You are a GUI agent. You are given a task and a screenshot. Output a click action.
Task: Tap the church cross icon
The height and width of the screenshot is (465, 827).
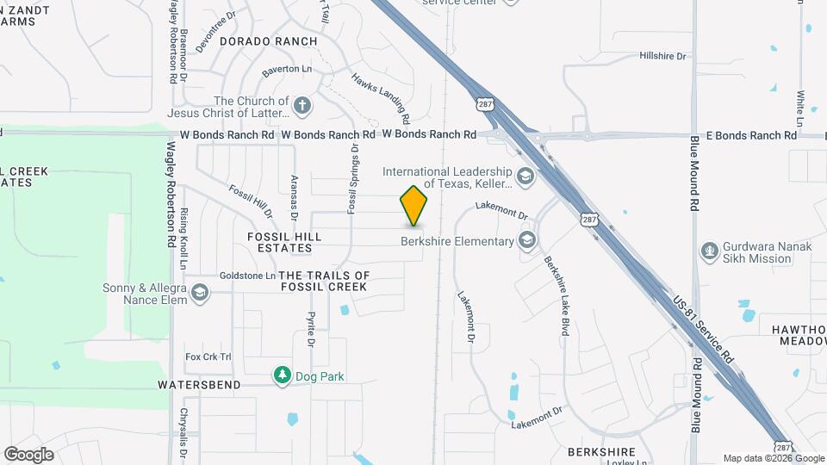[x=302, y=107]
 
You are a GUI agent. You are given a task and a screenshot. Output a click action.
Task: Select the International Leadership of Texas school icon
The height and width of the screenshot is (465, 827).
[x=525, y=177]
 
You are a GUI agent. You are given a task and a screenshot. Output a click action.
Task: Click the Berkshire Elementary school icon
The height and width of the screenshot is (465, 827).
[x=527, y=241]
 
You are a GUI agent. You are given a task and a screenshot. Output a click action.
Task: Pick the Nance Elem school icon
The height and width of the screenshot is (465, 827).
[x=200, y=294]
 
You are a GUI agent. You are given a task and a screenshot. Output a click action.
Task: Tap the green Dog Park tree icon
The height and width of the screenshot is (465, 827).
[x=282, y=375]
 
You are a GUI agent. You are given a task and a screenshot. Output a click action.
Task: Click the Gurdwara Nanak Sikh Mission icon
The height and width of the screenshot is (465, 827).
[x=709, y=251]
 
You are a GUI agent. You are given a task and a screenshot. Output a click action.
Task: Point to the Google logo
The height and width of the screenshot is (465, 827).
[x=28, y=455]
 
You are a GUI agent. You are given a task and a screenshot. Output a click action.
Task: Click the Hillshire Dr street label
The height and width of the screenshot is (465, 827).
[x=662, y=56]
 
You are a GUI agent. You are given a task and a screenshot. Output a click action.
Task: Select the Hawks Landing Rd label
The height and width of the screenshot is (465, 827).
[x=378, y=96]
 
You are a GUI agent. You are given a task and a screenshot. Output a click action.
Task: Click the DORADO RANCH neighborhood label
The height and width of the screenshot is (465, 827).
[x=268, y=41]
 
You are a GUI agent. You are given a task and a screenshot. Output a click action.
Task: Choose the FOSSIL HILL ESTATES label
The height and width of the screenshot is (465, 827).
[x=284, y=242]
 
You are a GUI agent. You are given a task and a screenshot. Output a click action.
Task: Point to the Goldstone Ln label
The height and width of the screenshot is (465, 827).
[x=246, y=276]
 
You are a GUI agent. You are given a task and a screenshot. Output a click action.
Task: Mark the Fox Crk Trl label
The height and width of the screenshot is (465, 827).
[x=208, y=356]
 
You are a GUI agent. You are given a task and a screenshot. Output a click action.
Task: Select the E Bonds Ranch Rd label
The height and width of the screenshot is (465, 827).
[x=745, y=135]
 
